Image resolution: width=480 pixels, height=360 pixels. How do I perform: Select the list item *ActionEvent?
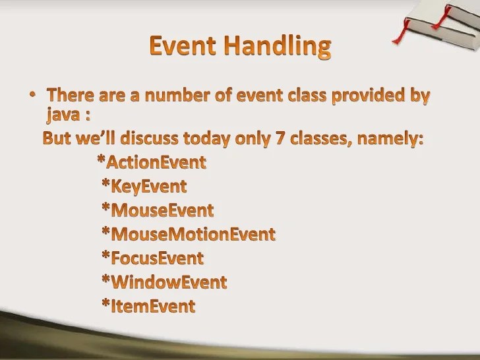(x=151, y=162)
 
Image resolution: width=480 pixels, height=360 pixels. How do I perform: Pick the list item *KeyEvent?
(x=144, y=186)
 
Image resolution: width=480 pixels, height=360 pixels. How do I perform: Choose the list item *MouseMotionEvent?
(x=188, y=234)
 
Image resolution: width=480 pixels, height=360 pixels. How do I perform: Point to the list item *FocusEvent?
(x=152, y=258)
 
